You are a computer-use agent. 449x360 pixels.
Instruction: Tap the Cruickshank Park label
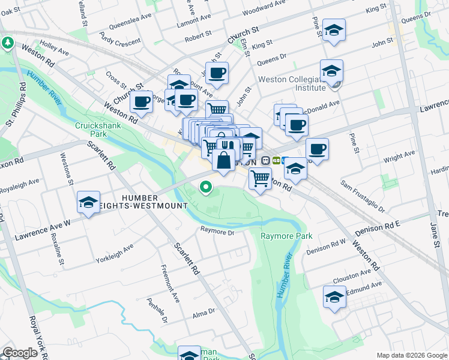pos(91,130)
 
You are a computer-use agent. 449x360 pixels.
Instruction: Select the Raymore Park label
pos(286,236)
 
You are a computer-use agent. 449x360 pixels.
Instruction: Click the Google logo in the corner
pos(20,353)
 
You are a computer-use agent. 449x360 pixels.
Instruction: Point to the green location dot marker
pos(206,188)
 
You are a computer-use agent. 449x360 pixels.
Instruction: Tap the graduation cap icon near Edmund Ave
pos(335,296)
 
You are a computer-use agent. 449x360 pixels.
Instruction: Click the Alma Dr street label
pos(204,311)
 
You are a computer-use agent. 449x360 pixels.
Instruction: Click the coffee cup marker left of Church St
pos(142,103)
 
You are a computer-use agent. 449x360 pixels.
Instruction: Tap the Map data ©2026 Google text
pos(412,355)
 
